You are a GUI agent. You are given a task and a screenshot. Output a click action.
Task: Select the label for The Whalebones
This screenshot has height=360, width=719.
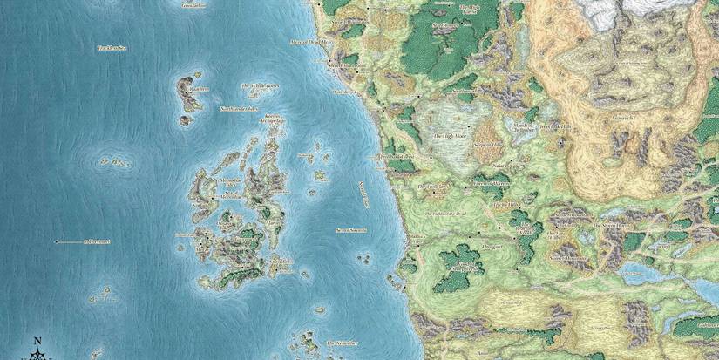tap(261, 86)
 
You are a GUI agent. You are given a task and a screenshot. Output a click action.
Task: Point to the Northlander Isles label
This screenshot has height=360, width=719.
tap(239, 108)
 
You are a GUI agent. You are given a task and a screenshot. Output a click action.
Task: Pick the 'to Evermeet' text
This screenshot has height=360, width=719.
tap(97, 241)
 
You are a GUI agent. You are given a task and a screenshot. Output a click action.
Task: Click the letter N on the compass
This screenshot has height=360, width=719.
tap(37, 340)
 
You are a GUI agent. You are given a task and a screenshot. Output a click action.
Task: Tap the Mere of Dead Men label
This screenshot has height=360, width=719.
tap(312, 41)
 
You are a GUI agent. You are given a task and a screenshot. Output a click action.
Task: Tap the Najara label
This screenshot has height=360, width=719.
tap(499, 164)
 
